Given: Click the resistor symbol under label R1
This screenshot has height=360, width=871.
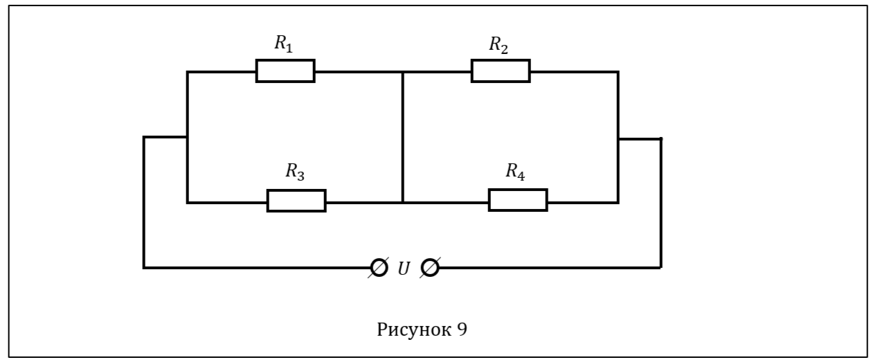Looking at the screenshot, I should point(285,71).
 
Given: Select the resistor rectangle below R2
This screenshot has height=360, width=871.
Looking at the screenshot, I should point(501,71).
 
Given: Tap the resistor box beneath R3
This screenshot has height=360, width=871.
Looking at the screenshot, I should point(296,201).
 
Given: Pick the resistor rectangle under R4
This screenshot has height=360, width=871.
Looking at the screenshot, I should point(518,200).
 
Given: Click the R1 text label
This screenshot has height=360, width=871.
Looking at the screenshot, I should point(284,44).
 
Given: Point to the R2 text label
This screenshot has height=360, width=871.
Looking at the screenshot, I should point(499,44).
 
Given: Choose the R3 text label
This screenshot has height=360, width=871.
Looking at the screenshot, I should point(295,172).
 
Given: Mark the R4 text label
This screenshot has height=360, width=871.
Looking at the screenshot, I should point(515,172).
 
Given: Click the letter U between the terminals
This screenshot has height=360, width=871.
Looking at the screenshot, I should point(404,268).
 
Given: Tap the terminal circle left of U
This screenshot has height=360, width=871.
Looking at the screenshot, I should point(379,267).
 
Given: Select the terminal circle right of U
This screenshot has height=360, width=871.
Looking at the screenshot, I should point(430,267).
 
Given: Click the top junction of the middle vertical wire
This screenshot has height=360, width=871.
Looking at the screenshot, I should point(402,71).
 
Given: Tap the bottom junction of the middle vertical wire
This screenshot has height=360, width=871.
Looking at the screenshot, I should point(402,202).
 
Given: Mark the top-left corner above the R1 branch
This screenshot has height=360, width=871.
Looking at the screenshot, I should point(187,71).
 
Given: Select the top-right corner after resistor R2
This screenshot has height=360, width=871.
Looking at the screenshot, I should point(618,71).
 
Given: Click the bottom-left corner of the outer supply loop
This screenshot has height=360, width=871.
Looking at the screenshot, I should point(144,267).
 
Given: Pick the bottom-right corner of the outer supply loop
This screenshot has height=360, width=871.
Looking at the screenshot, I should point(661,267).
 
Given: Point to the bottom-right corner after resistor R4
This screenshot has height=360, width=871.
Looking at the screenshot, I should point(618,202).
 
